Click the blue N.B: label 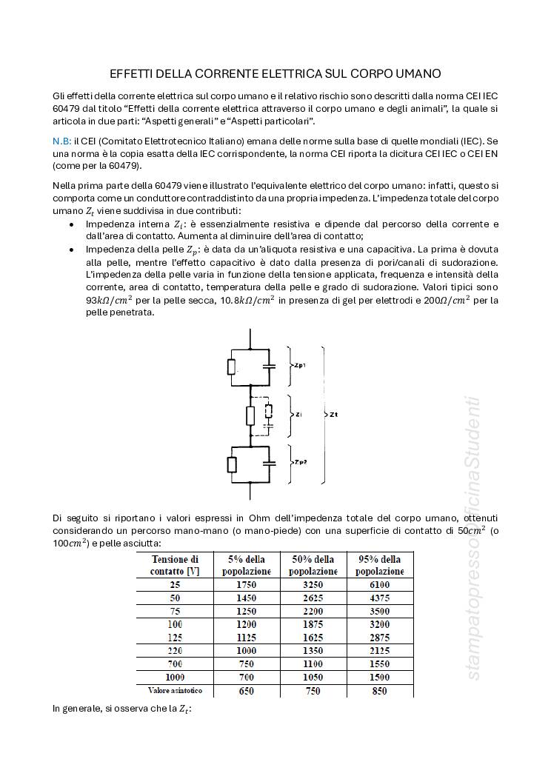62,141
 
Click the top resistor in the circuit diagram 232,367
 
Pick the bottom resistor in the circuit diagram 232,464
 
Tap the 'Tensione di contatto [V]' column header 175,565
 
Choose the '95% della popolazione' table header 380,565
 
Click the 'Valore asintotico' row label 175,691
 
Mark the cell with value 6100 380,584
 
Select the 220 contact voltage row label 175,651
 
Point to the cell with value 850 380,691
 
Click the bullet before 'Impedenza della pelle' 71,250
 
